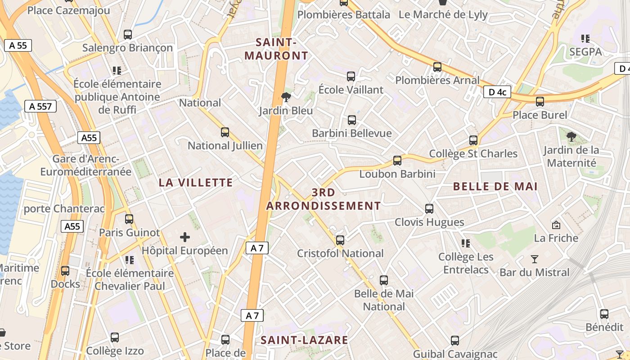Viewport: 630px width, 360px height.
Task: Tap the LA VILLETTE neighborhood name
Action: pyautogui.click(x=196, y=182)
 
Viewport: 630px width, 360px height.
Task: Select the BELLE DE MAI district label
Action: pyautogui.click(x=495, y=186)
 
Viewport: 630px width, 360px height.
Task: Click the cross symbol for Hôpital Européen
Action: pyautogui.click(x=184, y=237)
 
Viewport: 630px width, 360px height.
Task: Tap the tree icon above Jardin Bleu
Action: pyautogui.click(x=285, y=97)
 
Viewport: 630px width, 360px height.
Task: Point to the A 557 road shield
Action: pyautogui.click(x=40, y=107)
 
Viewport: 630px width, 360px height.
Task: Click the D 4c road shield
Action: pyautogui.click(x=497, y=92)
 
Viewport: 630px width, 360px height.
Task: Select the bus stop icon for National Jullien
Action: pyautogui.click(x=225, y=132)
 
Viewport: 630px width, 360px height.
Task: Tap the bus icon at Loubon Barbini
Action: pyautogui.click(x=397, y=161)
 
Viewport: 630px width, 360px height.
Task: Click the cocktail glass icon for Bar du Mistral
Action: pyautogui.click(x=534, y=259)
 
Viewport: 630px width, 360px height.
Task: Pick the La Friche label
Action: pyautogui.click(x=556, y=238)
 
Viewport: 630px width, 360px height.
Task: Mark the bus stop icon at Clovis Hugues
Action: pyautogui.click(x=429, y=209)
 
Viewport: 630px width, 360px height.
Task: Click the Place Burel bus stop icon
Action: pyautogui.click(x=540, y=102)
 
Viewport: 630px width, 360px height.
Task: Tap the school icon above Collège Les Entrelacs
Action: pyautogui.click(x=466, y=243)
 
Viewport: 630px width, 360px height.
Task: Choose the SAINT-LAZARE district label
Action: pyautogui.click(x=305, y=340)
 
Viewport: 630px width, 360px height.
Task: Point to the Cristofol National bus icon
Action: pyautogui.click(x=340, y=240)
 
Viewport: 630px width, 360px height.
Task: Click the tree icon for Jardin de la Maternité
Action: pyautogui.click(x=571, y=136)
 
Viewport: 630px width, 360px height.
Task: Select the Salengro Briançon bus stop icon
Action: pyautogui.click(x=128, y=34)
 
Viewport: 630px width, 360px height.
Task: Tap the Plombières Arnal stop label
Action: pyautogui.click(x=437, y=80)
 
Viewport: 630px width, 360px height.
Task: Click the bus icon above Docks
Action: pyautogui.click(x=65, y=271)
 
